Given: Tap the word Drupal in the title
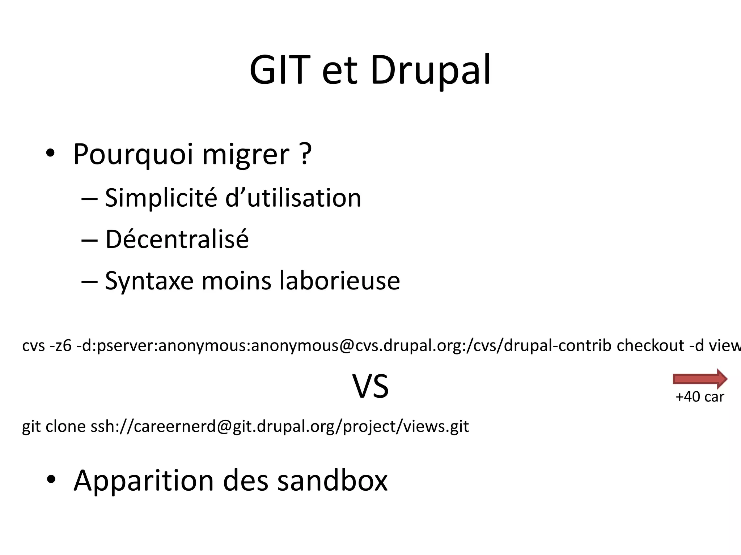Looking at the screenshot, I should (431, 70).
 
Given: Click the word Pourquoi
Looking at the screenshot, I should (133, 155).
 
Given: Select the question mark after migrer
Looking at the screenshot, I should (305, 153).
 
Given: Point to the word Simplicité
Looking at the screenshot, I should (161, 198).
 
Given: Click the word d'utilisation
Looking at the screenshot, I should (293, 198).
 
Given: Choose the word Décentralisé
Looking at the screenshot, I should (177, 239).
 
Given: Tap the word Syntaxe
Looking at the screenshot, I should (149, 281).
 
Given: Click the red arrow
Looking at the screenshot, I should (700, 379).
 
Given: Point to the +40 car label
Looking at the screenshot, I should (700, 397).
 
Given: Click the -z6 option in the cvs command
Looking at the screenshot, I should (61, 346).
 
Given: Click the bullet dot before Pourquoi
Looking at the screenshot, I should (50, 154).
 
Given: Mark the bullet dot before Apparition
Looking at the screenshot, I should (51, 480).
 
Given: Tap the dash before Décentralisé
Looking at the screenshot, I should (89, 240).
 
